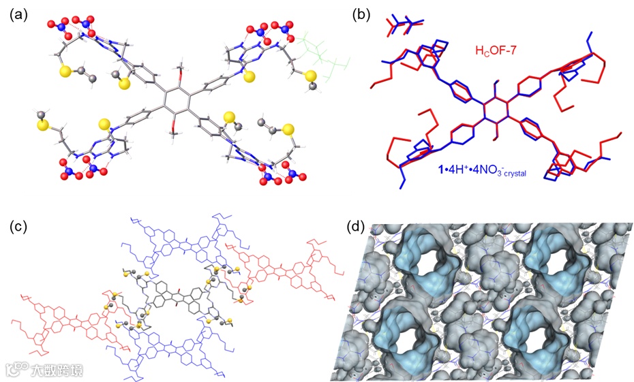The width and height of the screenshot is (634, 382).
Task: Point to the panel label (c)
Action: point(19,226)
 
